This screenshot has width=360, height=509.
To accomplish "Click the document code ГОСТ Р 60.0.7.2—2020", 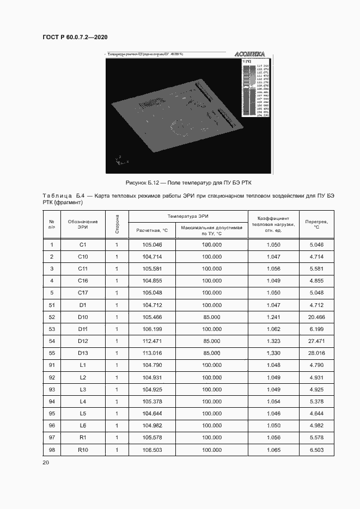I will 75,37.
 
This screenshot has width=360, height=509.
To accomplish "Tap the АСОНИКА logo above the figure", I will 249,54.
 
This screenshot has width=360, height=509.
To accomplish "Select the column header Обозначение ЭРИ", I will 83,224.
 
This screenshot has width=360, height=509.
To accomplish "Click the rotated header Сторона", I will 117,224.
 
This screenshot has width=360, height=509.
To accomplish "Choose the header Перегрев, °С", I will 316,224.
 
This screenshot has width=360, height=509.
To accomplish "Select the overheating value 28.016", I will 316,353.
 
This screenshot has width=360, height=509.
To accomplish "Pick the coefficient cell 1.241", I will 273,317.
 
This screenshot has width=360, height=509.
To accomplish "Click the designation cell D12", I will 83,341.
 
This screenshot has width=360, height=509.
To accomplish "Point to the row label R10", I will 83,450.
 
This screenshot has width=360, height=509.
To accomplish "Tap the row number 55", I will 52,353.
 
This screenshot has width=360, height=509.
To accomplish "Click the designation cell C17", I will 83,292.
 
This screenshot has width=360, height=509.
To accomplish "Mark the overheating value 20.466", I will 316,317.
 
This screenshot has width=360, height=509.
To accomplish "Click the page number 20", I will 46,463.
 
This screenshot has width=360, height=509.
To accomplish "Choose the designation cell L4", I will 83,402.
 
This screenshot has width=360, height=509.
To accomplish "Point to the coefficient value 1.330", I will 273,353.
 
